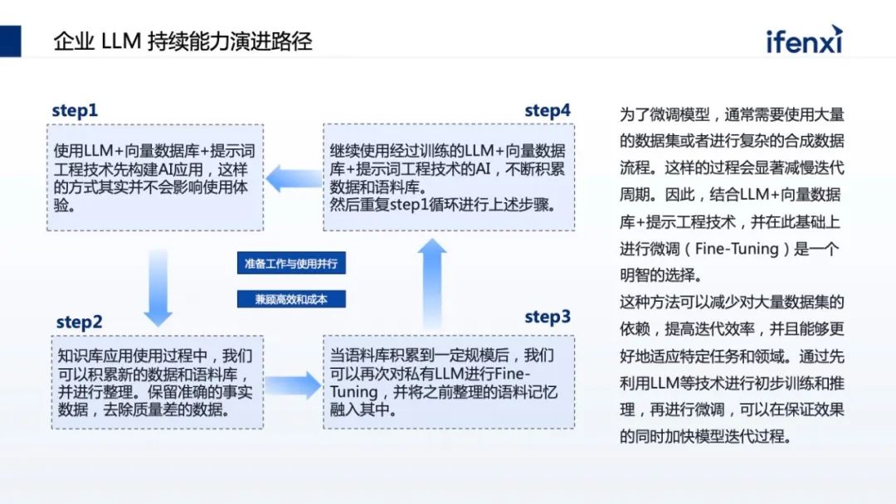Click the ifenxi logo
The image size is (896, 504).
tap(804, 40)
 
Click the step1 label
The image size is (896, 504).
tap(75, 110)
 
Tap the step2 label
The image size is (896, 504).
tap(80, 322)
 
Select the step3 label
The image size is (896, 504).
tap(548, 317)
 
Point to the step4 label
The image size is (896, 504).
tap(548, 110)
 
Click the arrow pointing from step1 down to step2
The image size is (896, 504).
tap(158, 286)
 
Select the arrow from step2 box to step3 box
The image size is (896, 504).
tap(293, 385)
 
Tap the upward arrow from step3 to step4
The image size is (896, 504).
tap(431, 282)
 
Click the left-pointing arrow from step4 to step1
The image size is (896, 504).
tap(293, 177)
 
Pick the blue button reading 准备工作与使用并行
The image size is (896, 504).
tap(290, 264)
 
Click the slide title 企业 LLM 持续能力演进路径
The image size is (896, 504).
tap(183, 41)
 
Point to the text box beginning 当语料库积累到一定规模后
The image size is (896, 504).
tap(448, 382)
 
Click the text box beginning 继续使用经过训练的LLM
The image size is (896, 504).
tap(448, 177)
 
